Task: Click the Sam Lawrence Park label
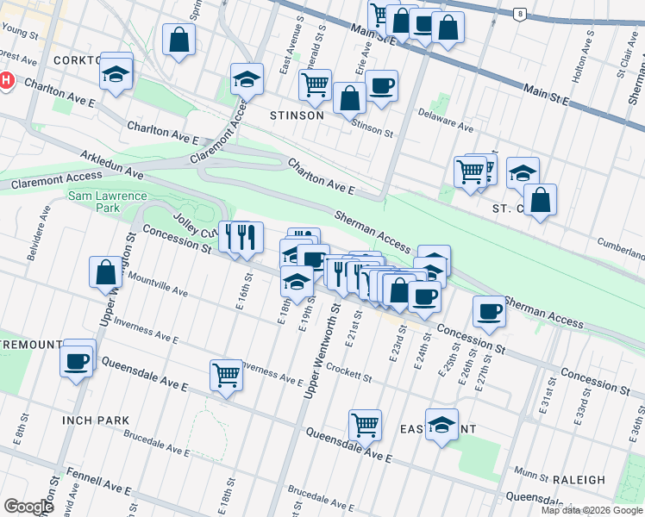click(94, 202)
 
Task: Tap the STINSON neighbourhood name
click(297, 115)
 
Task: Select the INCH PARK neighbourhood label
click(96, 420)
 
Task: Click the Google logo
click(28, 507)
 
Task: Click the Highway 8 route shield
click(520, 14)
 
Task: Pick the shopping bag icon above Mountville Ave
click(105, 271)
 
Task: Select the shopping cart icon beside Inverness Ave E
click(226, 374)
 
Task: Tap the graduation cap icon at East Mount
click(441, 424)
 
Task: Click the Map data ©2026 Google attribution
click(591, 510)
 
